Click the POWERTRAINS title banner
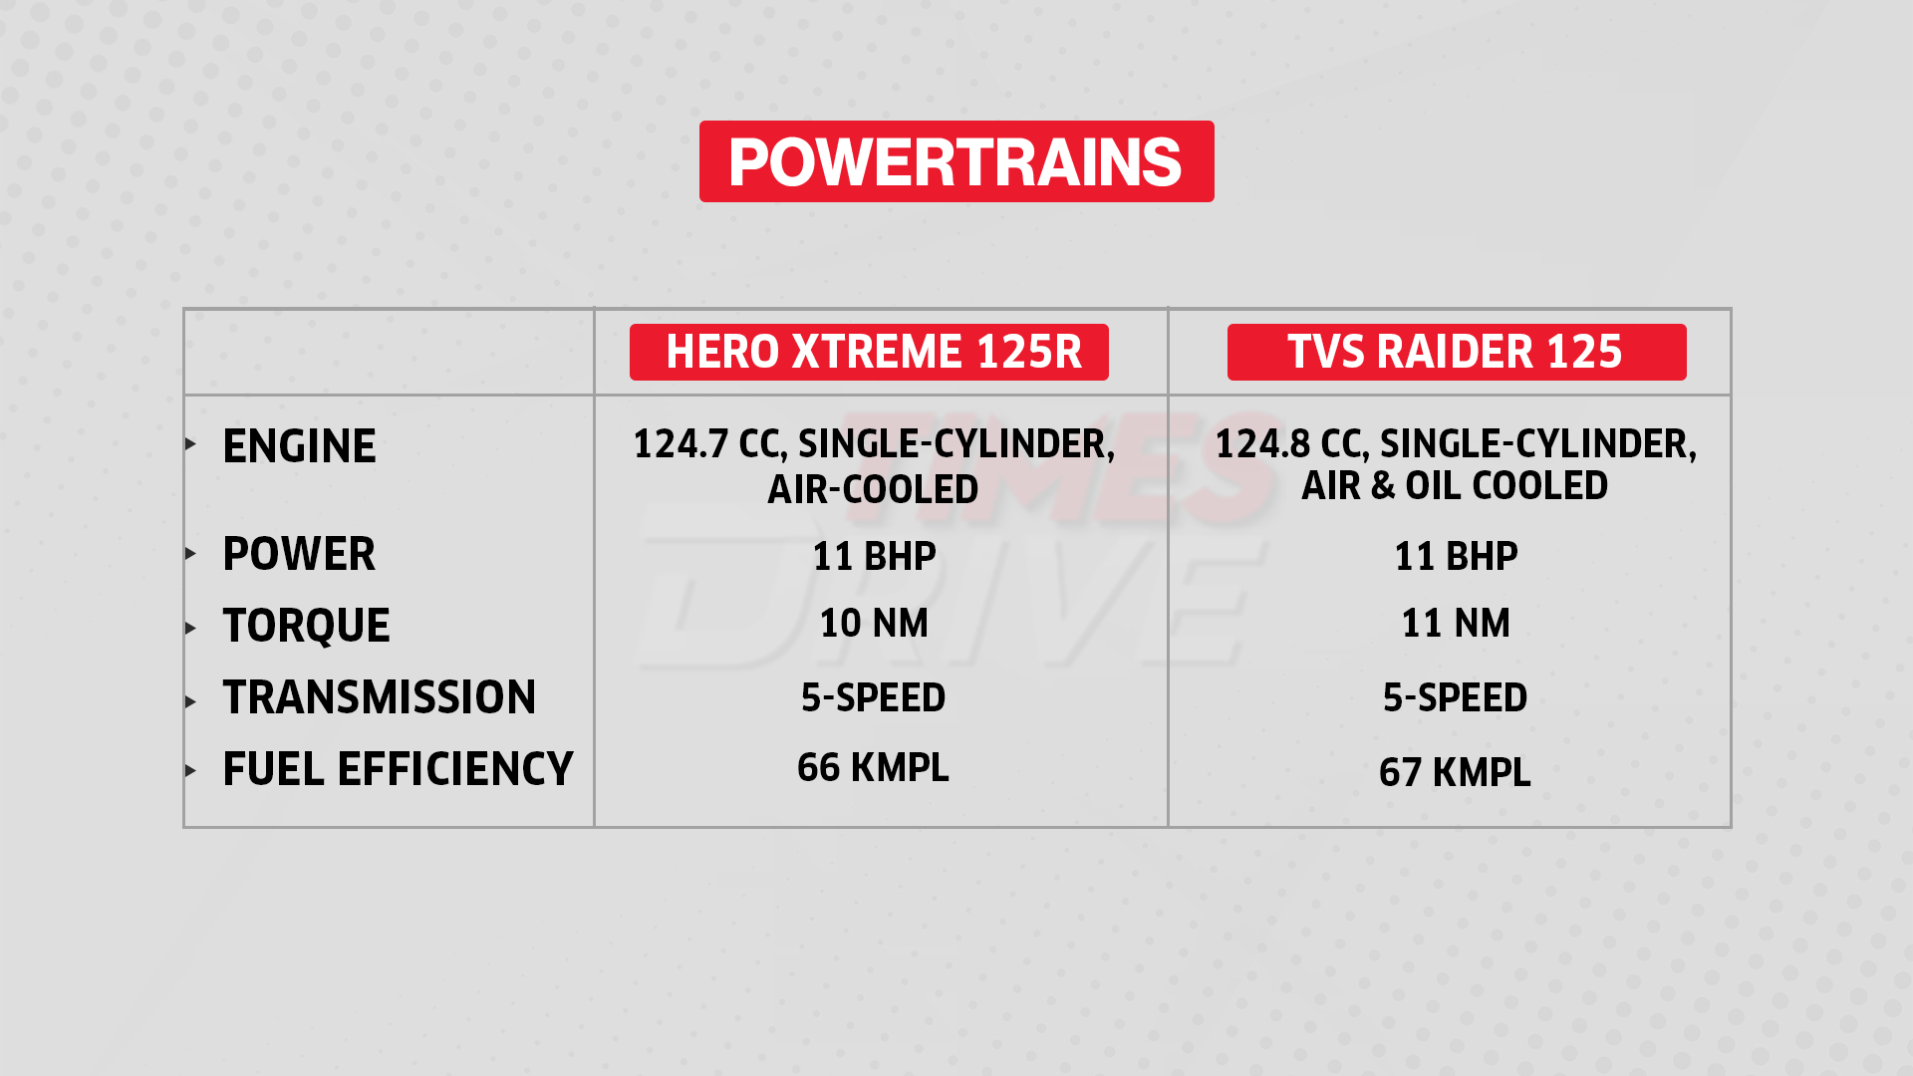pos(956,161)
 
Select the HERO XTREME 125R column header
pos(869,352)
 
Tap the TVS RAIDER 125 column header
pos(1456,352)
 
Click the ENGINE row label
pos(299,446)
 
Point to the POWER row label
pos(299,554)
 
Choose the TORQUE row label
pos(306,626)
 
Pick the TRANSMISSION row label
pos(379,697)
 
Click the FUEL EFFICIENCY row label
pos(398,769)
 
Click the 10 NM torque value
pos(874,624)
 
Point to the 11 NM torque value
pos(1456,624)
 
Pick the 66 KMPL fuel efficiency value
pos(873,768)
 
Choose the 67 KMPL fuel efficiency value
pos(1455,772)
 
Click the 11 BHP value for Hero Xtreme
pos(874,556)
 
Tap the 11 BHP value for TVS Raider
pos(1456,556)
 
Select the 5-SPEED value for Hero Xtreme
pos(873,697)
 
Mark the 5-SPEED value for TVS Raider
pos(1455,697)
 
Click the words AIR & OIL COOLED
pos(1455,486)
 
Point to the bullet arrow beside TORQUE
pos(190,628)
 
